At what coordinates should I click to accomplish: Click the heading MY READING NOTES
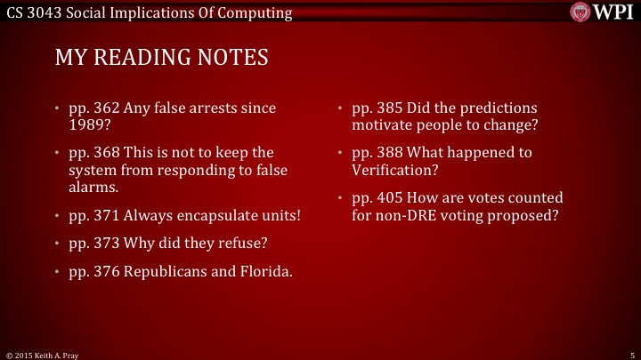coord(161,58)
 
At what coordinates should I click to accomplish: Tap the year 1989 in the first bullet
coord(86,124)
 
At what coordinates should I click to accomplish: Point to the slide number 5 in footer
coord(630,354)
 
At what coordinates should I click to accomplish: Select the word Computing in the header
coord(259,12)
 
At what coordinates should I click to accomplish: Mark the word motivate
coord(382,124)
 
